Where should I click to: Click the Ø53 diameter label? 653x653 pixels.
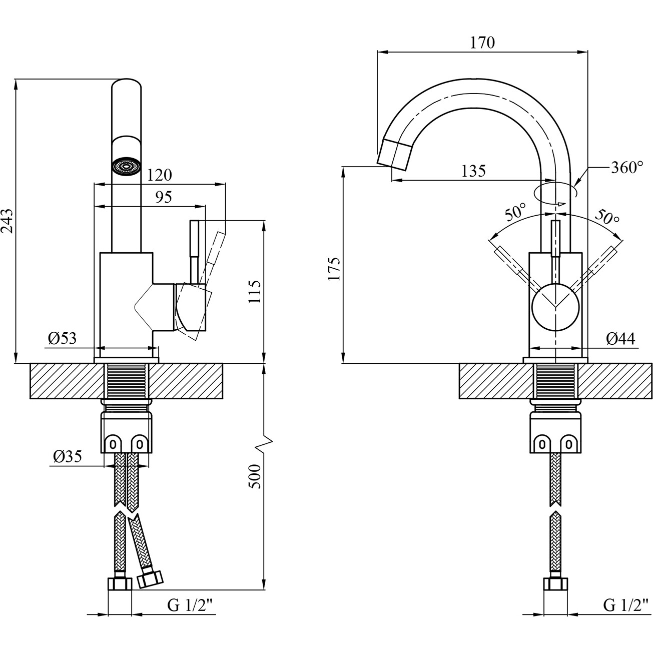pos(63,339)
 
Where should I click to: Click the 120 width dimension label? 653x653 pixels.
pos(160,175)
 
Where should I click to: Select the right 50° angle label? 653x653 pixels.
pos(607,216)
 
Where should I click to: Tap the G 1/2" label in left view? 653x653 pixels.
pos(190,606)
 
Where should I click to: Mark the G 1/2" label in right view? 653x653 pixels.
pos(625,606)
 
